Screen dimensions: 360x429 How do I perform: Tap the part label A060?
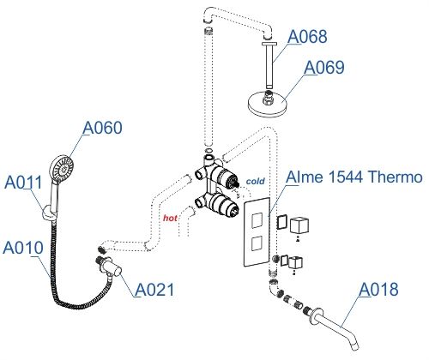(x=103, y=128)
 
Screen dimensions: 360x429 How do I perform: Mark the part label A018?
(x=378, y=290)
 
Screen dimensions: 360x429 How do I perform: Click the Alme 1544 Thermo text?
(x=353, y=177)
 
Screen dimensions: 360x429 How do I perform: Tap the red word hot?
(x=171, y=219)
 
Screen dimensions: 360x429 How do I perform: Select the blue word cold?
(x=256, y=182)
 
